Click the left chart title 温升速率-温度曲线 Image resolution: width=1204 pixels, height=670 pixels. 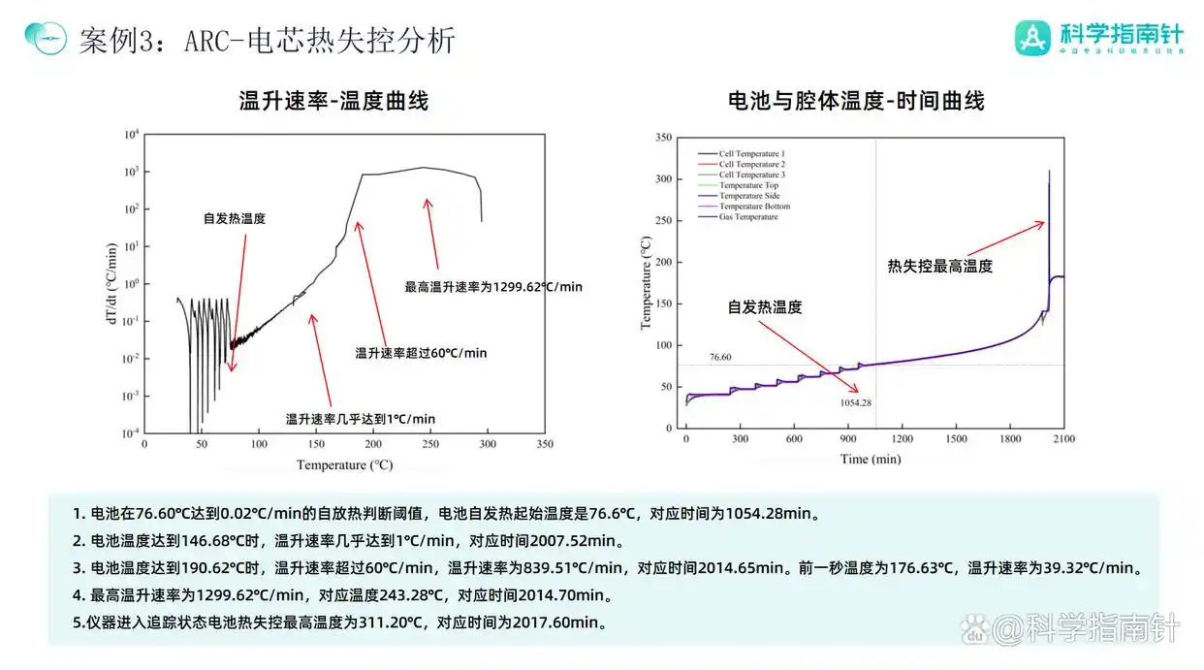[x=333, y=100]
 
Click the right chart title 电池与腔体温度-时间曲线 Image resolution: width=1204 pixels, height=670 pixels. [x=856, y=100]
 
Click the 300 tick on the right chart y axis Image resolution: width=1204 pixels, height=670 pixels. [x=663, y=179]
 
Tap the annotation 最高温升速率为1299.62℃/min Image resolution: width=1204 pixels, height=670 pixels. [x=493, y=287]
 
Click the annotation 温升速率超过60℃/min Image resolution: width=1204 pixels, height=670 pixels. [x=422, y=353]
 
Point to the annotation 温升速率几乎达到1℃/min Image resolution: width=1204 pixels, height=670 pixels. [x=361, y=419]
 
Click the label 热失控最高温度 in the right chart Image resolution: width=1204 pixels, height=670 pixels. [x=939, y=266]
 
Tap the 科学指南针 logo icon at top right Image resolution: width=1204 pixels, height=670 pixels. [x=1033, y=37]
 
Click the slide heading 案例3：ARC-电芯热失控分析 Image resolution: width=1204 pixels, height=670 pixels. [x=266, y=41]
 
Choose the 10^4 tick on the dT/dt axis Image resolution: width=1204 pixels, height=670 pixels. [x=132, y=135]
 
